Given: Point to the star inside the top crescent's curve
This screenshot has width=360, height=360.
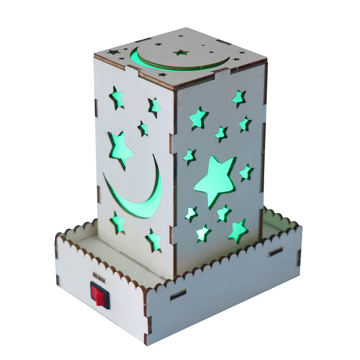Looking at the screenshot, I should (x=180, y=52).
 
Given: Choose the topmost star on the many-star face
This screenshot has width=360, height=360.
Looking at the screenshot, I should (x=238, y=98).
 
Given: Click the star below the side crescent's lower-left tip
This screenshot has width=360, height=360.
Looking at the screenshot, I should (x=118, y=222).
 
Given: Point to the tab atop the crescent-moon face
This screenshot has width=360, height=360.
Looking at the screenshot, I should (x=131, y=71).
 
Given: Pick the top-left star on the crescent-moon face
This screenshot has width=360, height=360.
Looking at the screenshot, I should (x=117, y=98).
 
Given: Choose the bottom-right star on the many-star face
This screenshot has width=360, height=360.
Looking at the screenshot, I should (x=238, y=230).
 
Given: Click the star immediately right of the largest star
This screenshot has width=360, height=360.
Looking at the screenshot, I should (x=246, y=172).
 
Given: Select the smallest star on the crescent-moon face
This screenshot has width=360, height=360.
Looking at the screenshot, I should (x=143, y=128).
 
